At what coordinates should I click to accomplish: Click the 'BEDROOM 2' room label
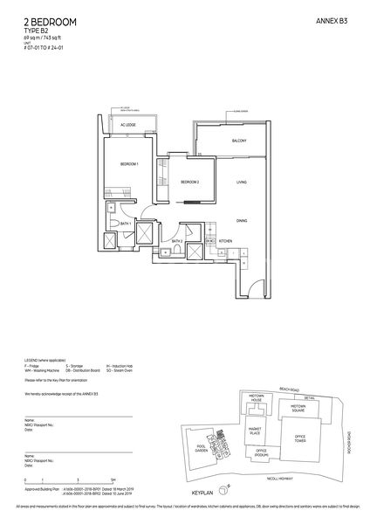pos(190,182)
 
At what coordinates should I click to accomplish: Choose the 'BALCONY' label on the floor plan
pos(239,141)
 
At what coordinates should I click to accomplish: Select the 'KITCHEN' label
pos(225,240)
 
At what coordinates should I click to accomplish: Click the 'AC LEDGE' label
pos(129,126)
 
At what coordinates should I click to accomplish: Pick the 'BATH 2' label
pos(175,241)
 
